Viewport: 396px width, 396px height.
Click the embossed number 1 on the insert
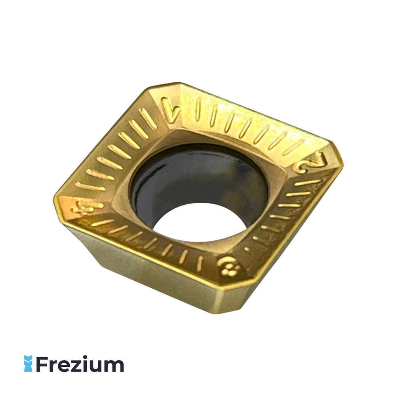(x=171, y=110)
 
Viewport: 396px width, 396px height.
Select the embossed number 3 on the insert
(x=228, y=266)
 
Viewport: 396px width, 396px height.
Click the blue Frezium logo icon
(x=28, y=364)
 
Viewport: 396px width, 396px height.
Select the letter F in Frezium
(x=42, y=364)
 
